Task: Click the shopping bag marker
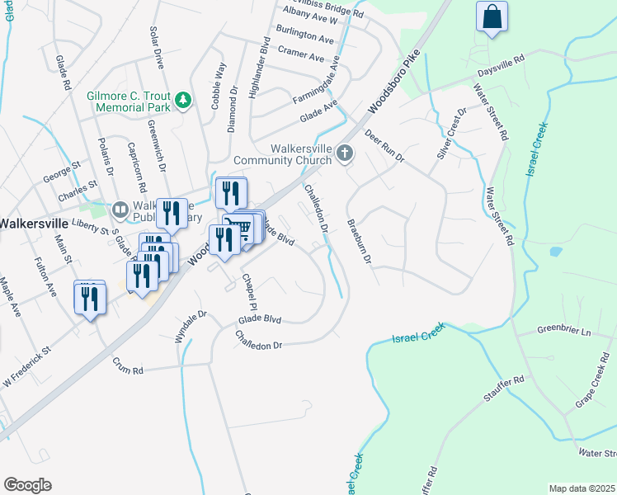[492, 17]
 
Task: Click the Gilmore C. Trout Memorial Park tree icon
[182, 101]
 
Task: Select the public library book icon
[120, 210]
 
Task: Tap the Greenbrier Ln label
[565, 331]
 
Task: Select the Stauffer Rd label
[507, 389]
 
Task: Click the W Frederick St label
[26, 361]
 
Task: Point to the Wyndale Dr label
[189, 326]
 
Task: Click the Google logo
[27, 484]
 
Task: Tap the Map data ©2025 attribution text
[581, 488]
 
